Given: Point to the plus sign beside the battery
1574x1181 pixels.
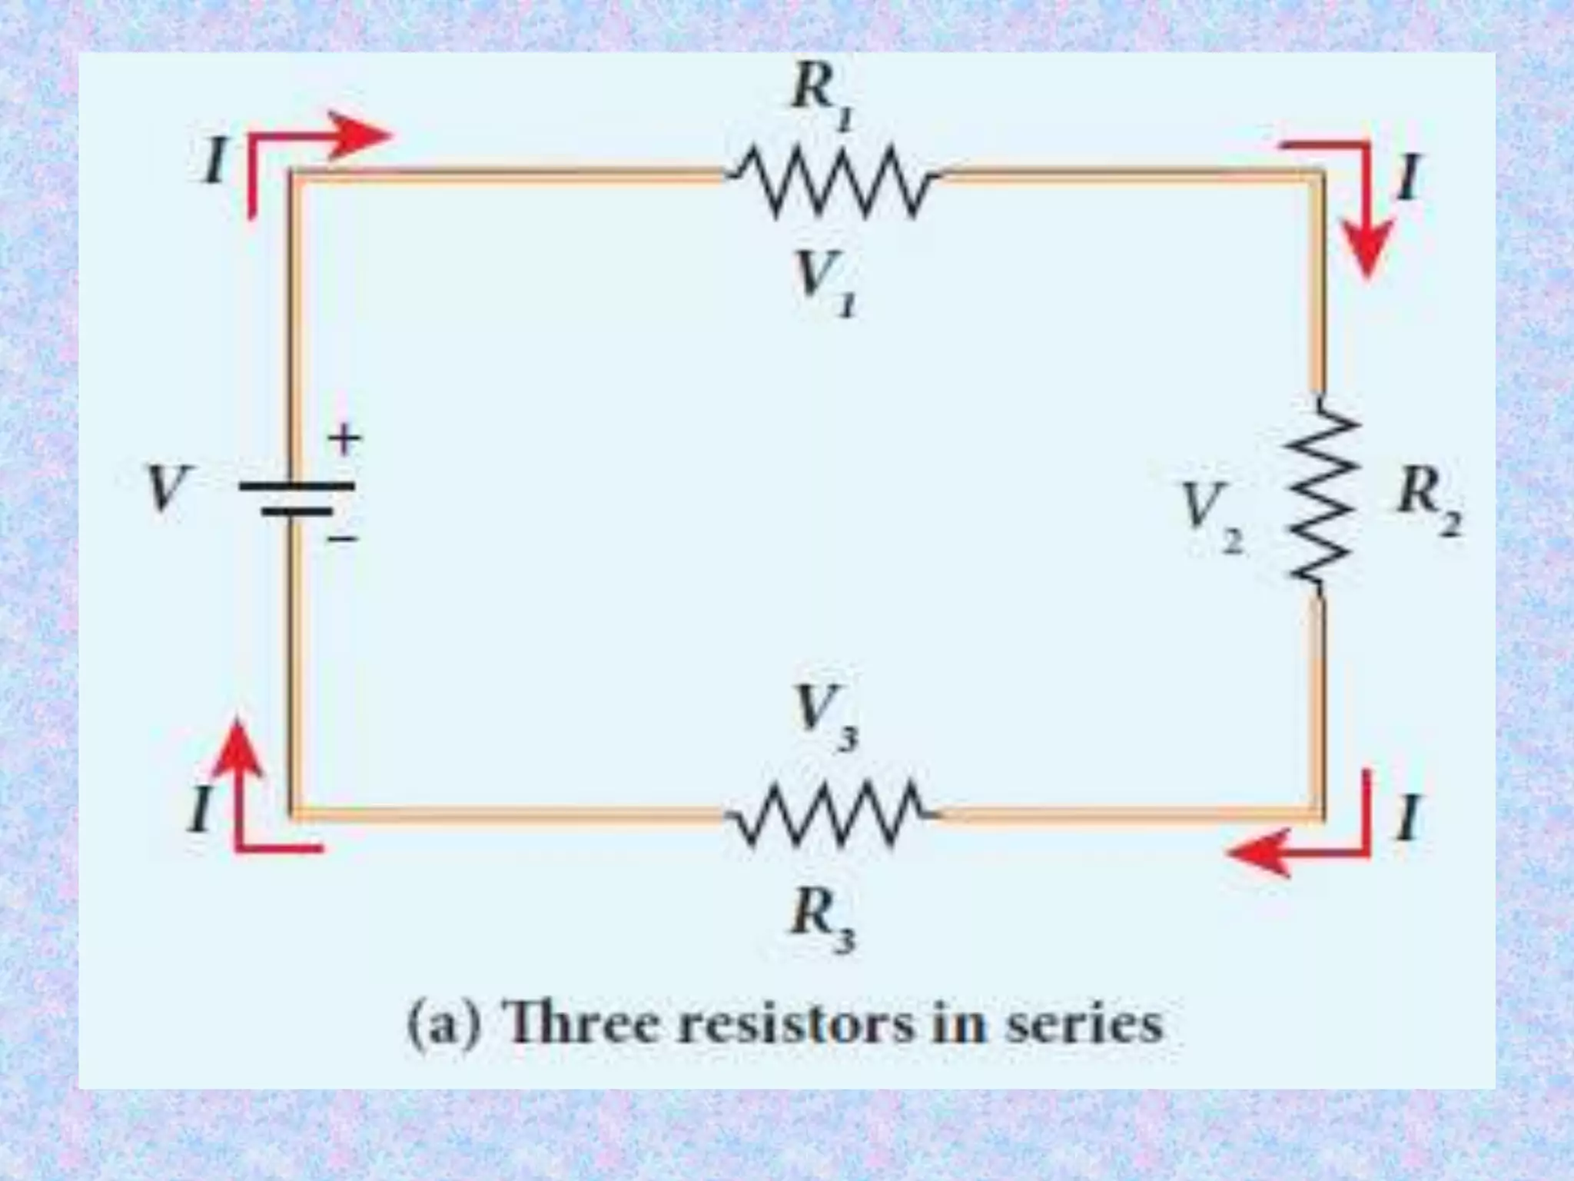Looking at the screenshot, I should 344,440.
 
